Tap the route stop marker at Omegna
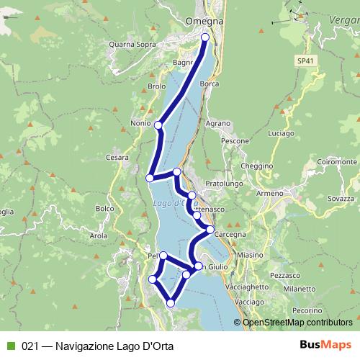(205, 37)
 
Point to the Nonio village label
(140, 122)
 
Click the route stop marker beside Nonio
(158, 125)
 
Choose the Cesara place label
(117, 157)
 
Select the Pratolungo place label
(221, 184)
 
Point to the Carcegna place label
(230, 234)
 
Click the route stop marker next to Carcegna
(210, 230)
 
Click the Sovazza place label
(341, 197)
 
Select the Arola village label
(99, 235)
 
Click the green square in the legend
(9, 345)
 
